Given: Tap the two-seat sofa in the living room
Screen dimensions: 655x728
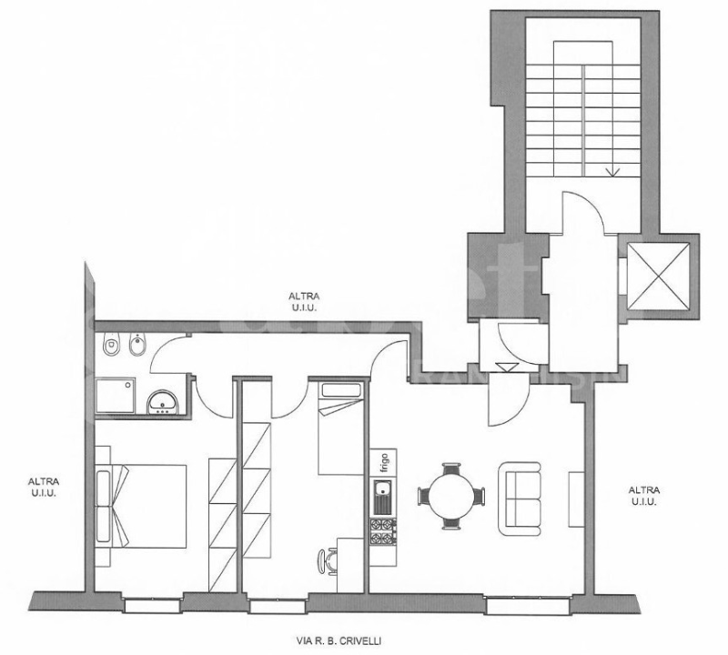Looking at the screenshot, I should click(x=520, y=497).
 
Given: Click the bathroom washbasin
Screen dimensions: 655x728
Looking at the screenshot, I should click(x=165, y=401).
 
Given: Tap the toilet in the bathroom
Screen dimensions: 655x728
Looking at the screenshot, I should click(x=111, y=347).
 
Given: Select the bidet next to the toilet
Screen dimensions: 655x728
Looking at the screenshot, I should click(x=136, y=347).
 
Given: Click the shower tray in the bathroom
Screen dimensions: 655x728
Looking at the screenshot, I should click(x=118, y=397).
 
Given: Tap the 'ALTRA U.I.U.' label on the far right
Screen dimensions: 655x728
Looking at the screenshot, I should click(x=644, y=495).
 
